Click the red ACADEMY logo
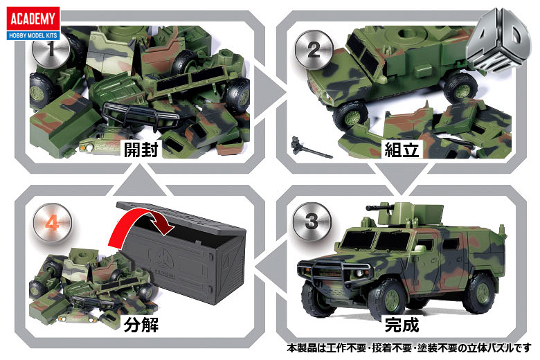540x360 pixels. click(x=33, y=23)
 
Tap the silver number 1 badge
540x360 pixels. click(x=51, y=49)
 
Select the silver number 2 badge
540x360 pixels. click(x=314, y=50)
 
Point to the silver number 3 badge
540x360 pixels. click(x=312, y=221)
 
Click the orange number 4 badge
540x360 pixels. click(x=52, y=223)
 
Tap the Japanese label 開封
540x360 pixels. click(x=141, y=150)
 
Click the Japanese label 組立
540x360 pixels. click(x=402, y=150)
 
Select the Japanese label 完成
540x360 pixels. click(x=402, y=325)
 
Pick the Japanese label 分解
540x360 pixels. click(x=141, y=325)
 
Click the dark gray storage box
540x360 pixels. click(x=183, y=253)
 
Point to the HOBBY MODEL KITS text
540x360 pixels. click(x=33, y=35)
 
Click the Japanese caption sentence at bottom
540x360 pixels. click(x=409, y=348)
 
